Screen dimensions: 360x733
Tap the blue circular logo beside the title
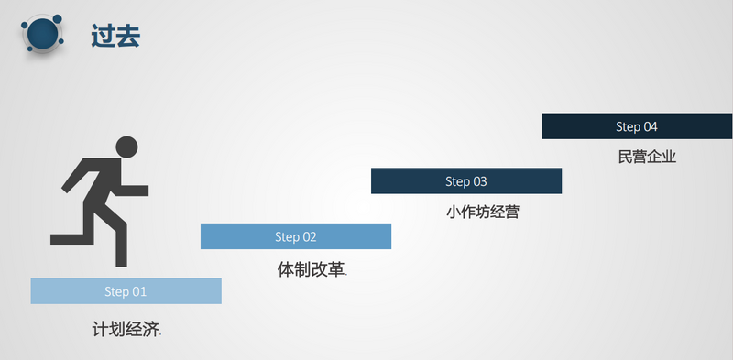(x=43, y=33)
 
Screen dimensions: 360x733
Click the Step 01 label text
(x=126, y=291)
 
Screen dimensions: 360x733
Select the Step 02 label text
(x=296, y=237)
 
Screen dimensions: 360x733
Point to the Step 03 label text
(x=466, y=181)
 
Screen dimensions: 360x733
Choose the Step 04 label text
(x=637, y=126)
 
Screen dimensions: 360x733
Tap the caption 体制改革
(x=312, y=269)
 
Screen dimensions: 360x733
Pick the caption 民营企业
(x=647, y=157)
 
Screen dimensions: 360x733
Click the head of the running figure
(x=126, y=147)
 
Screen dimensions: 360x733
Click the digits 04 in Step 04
(x=651, y=126)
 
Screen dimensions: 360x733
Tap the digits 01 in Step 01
(x=139, y=291)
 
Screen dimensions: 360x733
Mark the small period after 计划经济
(x=160, y=334)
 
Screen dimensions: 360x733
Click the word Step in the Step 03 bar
(x=457, y=181)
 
